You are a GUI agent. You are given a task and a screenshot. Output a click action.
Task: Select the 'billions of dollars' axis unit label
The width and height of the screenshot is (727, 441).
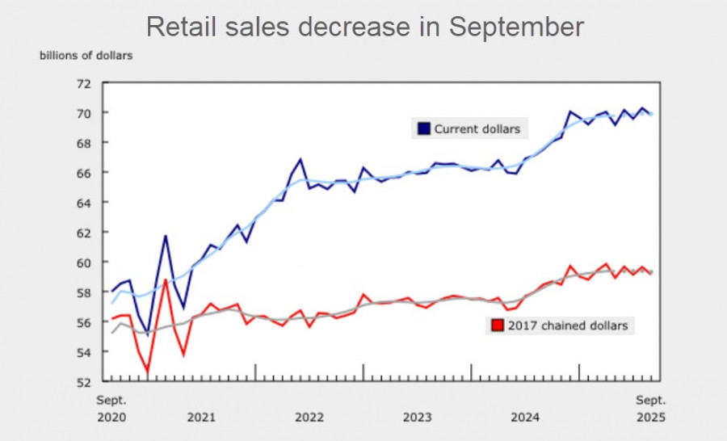(x=86, y=56)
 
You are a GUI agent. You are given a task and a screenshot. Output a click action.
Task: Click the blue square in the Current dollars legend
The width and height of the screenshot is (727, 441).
(x=423, y=128)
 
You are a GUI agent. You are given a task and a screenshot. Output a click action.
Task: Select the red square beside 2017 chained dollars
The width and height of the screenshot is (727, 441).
(x=495, y=326)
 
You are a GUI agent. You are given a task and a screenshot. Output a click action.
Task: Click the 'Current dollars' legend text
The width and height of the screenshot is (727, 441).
(x=477, y=128)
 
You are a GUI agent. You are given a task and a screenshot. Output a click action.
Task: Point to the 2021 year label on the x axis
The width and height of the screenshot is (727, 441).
(x=200, y=417)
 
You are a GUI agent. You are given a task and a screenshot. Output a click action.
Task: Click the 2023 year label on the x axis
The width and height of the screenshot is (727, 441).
(x=417, y=417)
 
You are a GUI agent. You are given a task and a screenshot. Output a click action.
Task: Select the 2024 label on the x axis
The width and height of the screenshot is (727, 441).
(x=525, y=417)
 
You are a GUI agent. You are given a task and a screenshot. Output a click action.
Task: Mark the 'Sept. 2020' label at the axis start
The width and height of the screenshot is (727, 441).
(x=111, y=409)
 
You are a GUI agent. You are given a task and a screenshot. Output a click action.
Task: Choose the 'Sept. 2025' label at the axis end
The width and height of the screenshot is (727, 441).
(x=650, y=409)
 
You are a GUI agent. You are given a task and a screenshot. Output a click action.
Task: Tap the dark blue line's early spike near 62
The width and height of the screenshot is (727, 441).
(x=166, y=236)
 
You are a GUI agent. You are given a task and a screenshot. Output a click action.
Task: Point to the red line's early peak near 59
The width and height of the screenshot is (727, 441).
(x=166, y=280)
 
